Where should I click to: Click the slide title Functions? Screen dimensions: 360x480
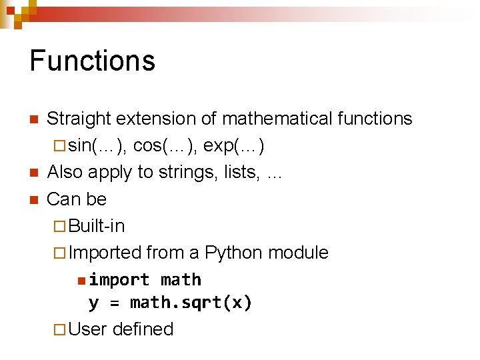coord(92,60)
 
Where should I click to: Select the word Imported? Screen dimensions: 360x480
coord(105,253)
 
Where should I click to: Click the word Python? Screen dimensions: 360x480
coord(233,253)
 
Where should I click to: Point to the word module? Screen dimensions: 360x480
coord(298,253)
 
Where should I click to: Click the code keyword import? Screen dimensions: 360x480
coord(119,279)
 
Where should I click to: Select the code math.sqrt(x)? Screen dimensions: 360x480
coord(191,303)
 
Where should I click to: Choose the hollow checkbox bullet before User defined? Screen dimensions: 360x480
coord(60,329)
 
